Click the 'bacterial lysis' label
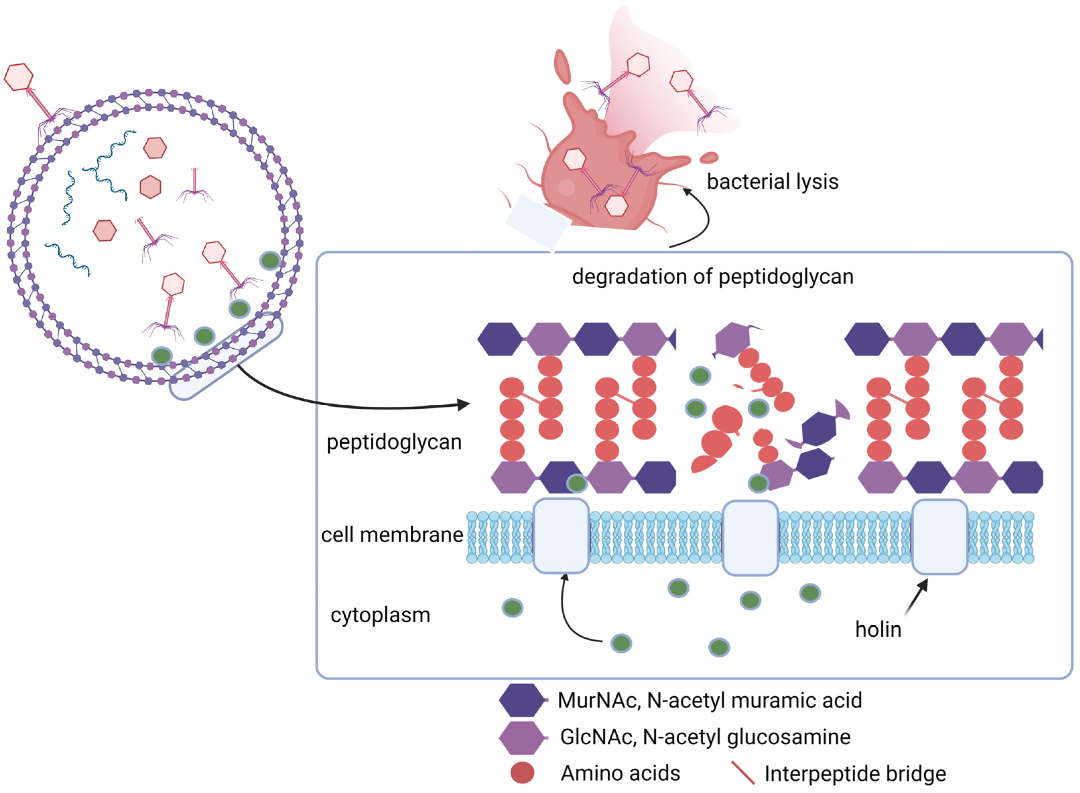(772, 182)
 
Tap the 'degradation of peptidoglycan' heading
(713, 277)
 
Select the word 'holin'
(878, 629)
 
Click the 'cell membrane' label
(392, 535)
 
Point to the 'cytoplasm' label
(380, 615)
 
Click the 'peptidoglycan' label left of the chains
(394, 442)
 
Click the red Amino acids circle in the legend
(522, 773)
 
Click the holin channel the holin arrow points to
(939, 537)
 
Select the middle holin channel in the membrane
(750, 538)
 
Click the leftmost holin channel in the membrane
(561, 536)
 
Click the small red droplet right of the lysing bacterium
(708, 157)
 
